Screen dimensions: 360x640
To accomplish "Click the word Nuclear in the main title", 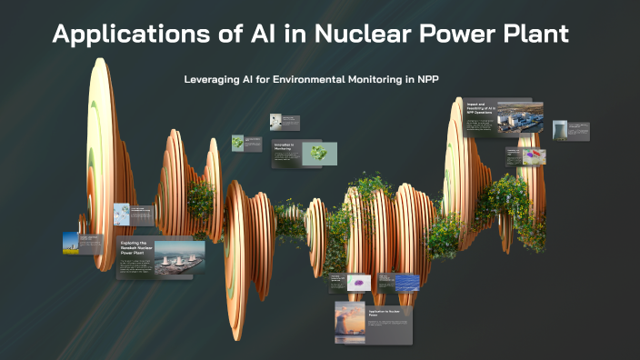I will click(x=360, y=35).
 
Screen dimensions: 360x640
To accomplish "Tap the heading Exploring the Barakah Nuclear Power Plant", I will click(x=135, y=248).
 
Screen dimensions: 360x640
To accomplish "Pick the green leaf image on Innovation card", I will click(x=316, y=152).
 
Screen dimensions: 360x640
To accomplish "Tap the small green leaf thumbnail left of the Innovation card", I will click(x=237, y=142).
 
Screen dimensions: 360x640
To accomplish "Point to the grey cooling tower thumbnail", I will click(x=560, y=130).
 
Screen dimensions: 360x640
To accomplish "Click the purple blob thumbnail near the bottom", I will click(x=361, y=283).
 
